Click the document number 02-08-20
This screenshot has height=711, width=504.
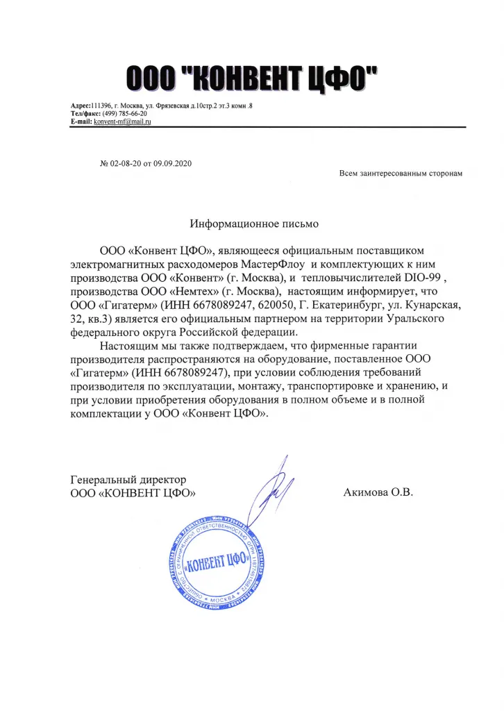(125, 163)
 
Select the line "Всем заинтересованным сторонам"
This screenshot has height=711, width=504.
(400, 173)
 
